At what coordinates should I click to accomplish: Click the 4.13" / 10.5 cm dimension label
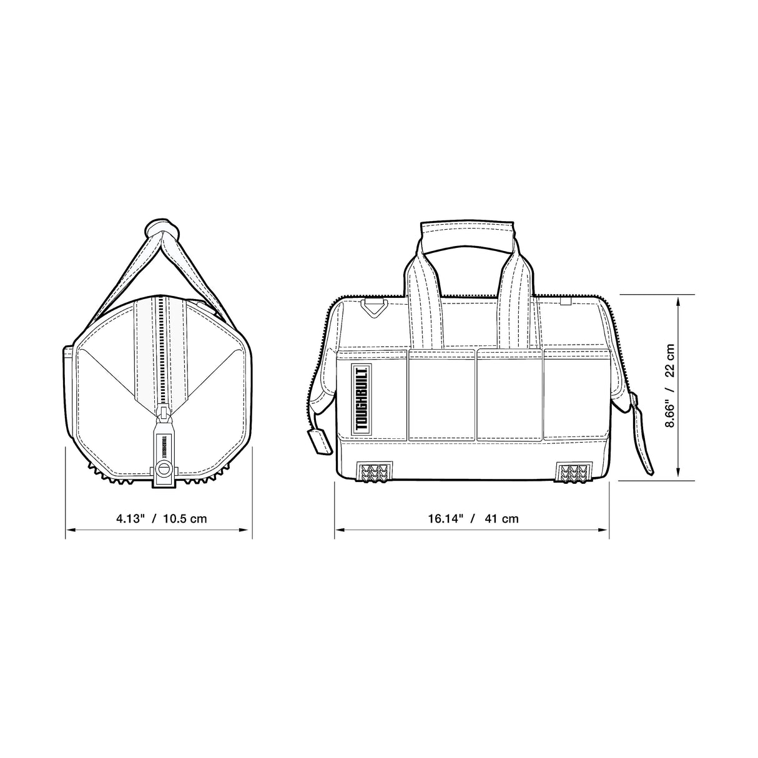(161, 518)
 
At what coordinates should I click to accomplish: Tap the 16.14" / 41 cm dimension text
(473, 518)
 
